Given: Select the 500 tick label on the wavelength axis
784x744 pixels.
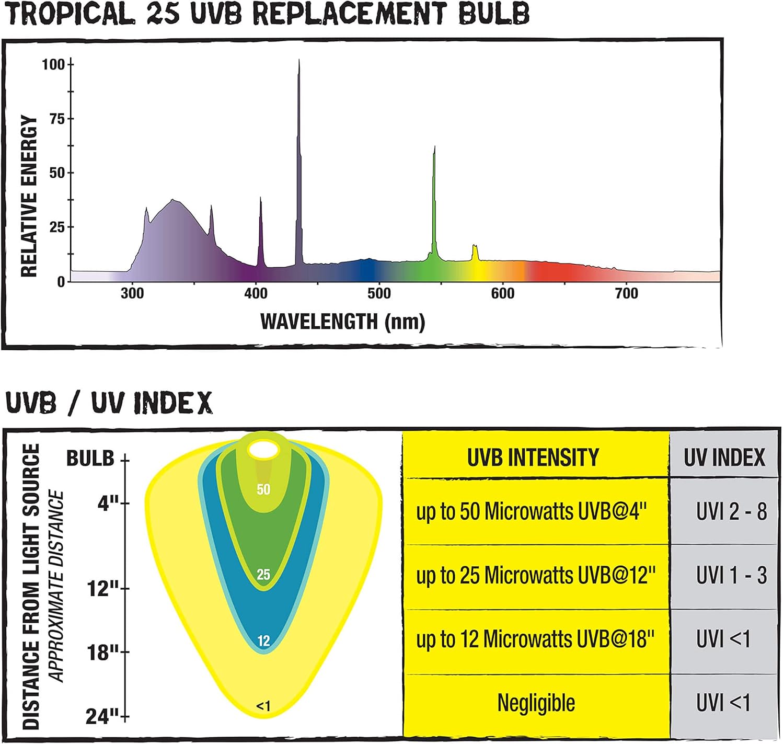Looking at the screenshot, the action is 379,294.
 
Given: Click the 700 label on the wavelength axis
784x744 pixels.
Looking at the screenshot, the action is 627,294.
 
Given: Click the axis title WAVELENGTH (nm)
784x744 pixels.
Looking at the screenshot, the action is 342,322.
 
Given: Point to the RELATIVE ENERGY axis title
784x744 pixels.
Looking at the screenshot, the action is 29,196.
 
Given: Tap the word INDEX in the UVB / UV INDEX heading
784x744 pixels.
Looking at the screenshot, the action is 172,403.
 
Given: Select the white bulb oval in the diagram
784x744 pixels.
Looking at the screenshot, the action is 263,450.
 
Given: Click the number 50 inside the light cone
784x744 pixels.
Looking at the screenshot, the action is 263,489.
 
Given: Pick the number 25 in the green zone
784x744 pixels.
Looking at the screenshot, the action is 263,575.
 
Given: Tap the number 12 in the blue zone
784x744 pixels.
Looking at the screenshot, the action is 263,641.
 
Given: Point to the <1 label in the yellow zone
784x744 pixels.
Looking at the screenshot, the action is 263,706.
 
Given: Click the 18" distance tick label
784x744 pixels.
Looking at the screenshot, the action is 103,653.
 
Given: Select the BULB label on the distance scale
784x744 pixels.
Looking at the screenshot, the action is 90,459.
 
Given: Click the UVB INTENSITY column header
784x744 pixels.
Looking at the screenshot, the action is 533,457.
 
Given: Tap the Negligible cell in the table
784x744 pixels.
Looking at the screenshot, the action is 536,703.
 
